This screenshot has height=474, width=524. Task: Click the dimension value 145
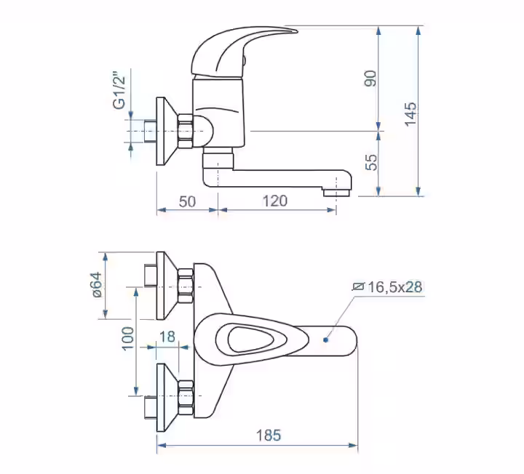(410, 114)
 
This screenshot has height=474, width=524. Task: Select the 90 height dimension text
(370, 79)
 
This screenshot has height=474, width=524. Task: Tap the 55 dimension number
(371, 163)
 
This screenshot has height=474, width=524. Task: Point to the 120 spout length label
(274, 201)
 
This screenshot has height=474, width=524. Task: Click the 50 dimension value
(187, 201)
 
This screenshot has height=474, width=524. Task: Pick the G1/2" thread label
(119, 90)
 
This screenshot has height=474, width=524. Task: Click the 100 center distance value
(127, 339)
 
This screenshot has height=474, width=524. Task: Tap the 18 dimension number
(167, 337)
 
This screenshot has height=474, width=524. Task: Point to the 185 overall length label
(269, 435)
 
